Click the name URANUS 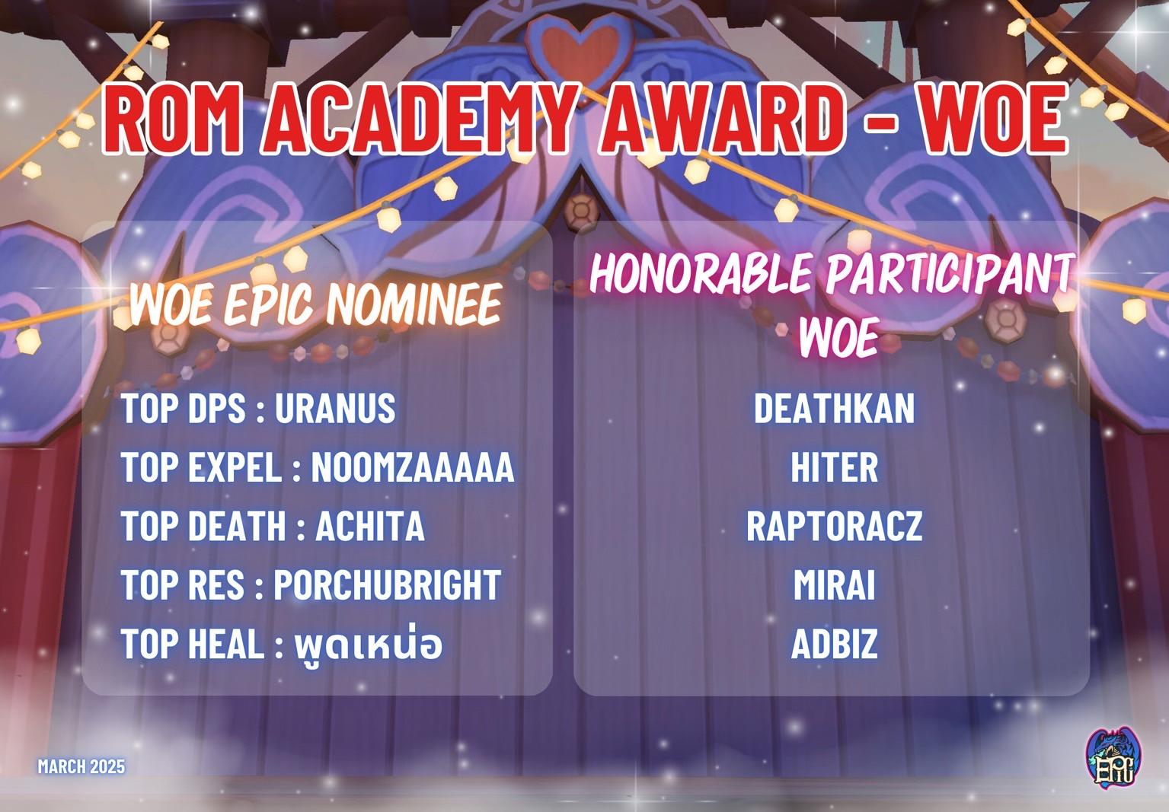click(335, 408)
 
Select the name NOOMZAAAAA click(413, 467)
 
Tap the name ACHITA click(370, 526)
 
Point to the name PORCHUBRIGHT click(387, 584)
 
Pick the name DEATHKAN click(834, 408)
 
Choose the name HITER click(834, 467)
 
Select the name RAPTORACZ click(834, 526)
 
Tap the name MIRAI click(834, 584)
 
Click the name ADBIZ click(834, 644)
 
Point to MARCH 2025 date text click(81, 766)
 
